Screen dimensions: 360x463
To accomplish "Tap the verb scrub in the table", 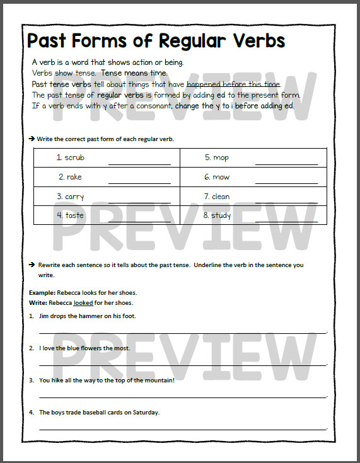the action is (x=74, y=157).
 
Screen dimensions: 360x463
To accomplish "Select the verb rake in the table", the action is (x=74, y=177).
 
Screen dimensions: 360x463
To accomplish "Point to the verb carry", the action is (x=74, y=197).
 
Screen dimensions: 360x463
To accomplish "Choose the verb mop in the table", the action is (x=221, y=157).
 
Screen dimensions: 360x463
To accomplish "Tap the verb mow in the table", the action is (x=221, y=177).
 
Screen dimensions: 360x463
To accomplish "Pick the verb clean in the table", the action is (x=221, y=197).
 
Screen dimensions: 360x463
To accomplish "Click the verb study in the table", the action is (x=221, y=215).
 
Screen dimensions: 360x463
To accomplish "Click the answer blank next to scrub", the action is (x=139, y=164).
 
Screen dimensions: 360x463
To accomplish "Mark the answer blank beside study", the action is (x=286, y=222).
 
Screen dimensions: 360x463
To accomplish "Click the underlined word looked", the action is (x=83, y=302).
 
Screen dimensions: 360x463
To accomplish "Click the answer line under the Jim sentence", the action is (x=183, y=331).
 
